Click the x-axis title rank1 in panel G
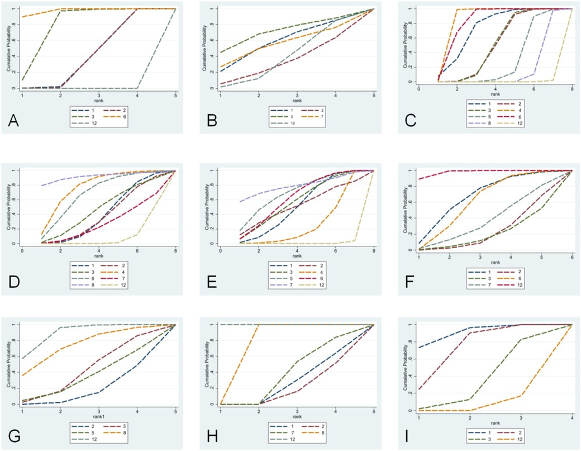(99, 415)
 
